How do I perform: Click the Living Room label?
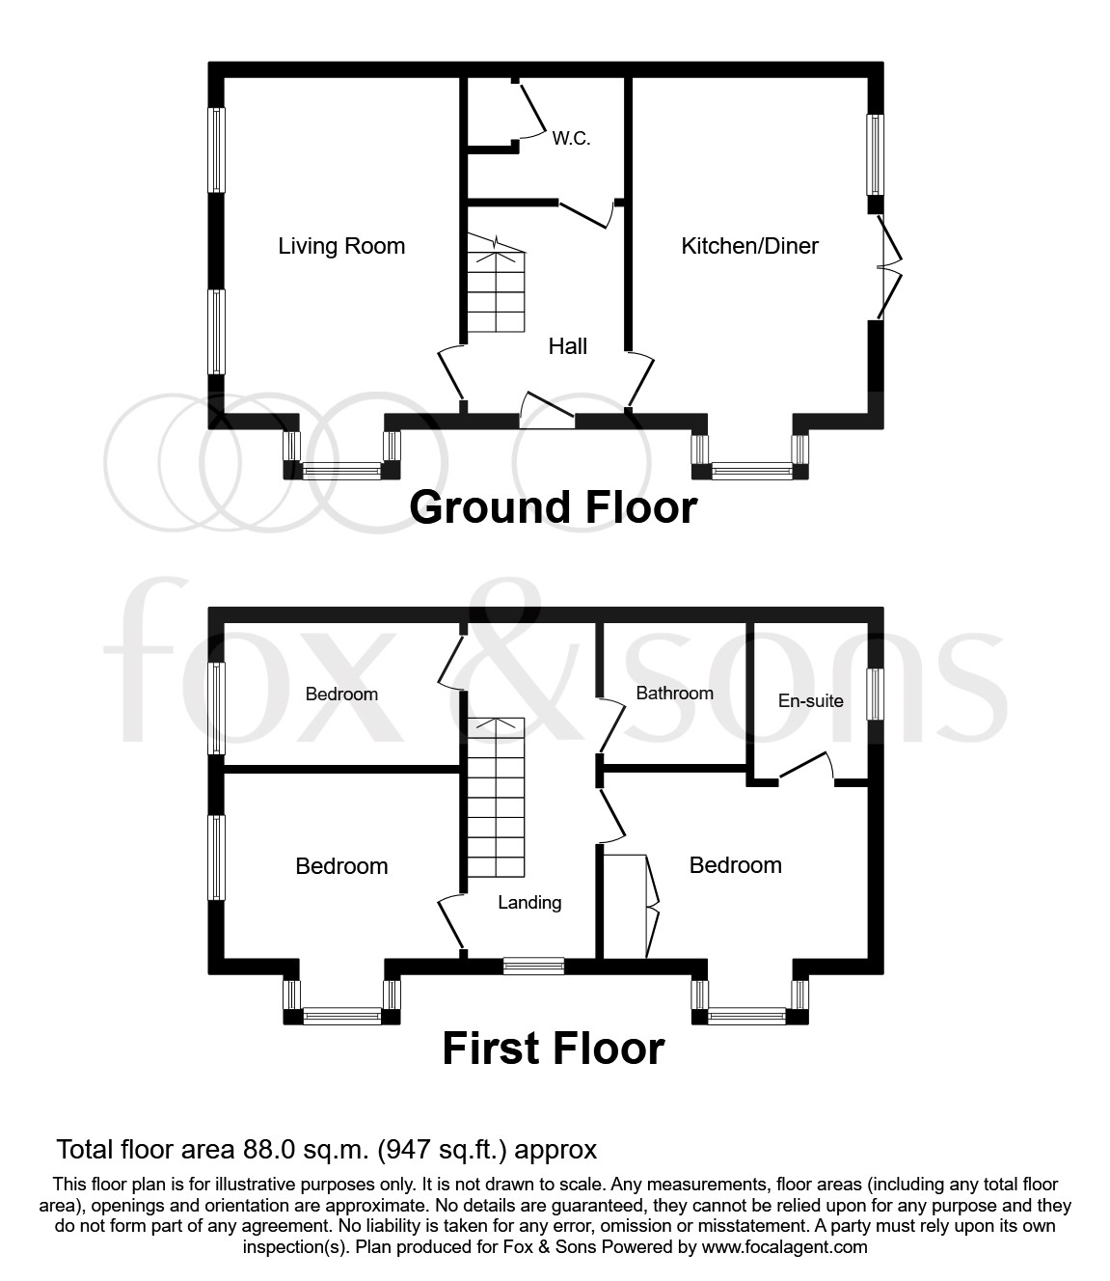pos(341,246)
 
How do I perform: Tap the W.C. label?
pos(571,139)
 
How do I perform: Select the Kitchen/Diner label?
pos(749,246)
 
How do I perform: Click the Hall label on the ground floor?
pos(567,346)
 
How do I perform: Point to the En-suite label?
pos(810,701)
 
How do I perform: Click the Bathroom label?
pos(674,694)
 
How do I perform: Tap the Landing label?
pos(529,903)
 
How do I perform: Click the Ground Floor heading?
pos(553,507)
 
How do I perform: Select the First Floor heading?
pos(554,1049)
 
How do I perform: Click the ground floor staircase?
pos(497,289)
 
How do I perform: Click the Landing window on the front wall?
pos(533,966)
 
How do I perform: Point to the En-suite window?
pos(875,695)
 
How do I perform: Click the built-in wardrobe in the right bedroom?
pos(627,907)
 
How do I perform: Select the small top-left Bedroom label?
pos(341,695)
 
